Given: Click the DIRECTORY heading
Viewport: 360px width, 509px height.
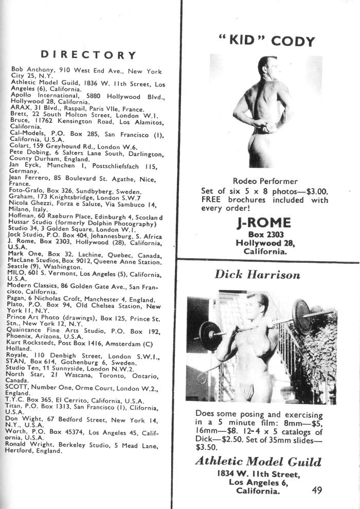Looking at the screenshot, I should tap(88, 55).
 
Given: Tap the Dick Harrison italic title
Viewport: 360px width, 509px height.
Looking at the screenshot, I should tap(257, 274).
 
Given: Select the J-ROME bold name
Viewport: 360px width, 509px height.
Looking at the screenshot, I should tap(264, 223).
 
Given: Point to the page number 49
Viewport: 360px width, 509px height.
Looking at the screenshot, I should tap(317, 490).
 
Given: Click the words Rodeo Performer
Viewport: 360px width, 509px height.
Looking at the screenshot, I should tap(265, 181).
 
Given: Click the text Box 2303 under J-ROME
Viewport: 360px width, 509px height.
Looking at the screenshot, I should tap(264, 234).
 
